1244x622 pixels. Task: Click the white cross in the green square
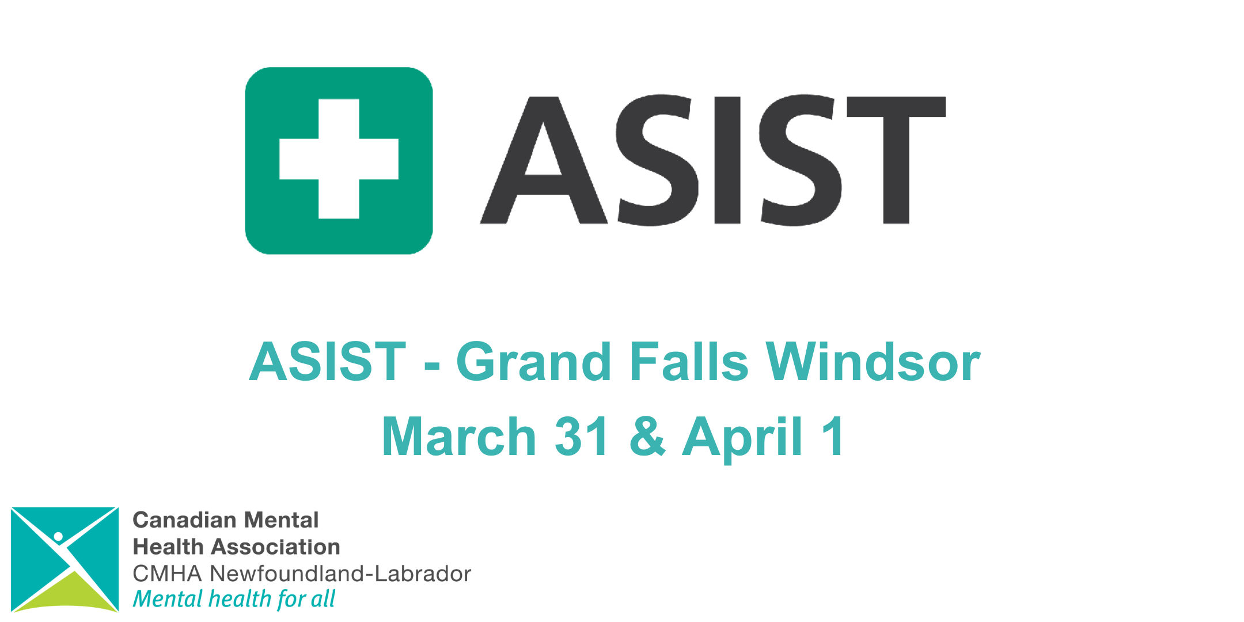[339, 159]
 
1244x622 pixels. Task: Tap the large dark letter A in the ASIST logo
[544, 160]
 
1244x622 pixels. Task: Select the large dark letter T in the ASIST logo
[896, 160]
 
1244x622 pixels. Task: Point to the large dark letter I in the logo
[727, 160]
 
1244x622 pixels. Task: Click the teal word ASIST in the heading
[328, 362]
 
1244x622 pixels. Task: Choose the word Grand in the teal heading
[533, 362]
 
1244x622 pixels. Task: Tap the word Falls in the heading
[689, 362]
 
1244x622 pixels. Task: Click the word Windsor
[873, 362]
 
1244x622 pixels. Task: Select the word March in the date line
[459, 436]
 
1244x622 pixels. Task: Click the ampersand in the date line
[647, 436]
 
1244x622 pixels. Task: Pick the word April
[742, 439]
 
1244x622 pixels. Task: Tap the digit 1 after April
[833, 436]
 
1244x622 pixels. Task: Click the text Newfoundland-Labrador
[340, 574]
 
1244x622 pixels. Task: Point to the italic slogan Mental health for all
[234, 599]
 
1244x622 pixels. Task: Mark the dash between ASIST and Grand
[432, 366]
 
